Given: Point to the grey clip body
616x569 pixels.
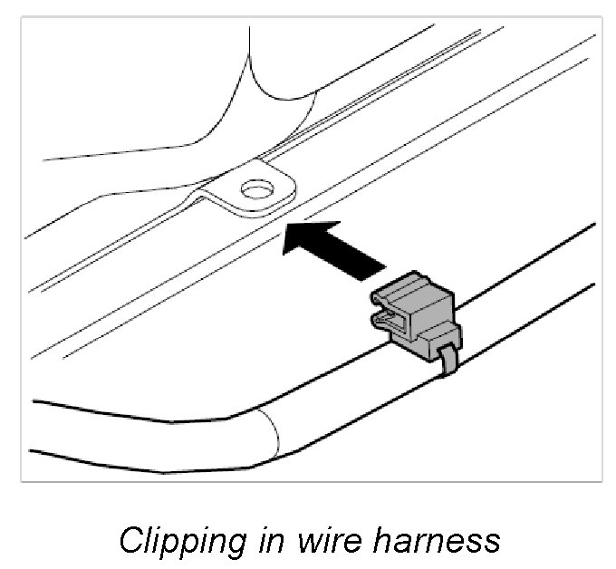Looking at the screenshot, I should [426, 313].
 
